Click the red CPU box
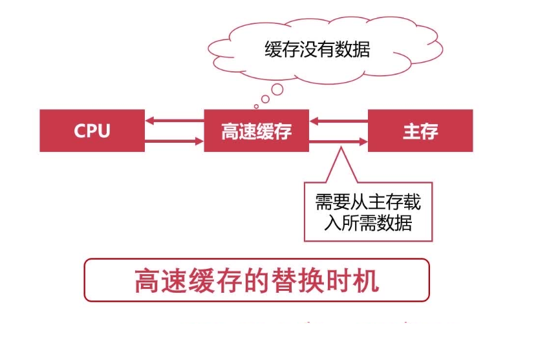(x=92, y=131)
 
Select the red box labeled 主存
(x=420, y=131)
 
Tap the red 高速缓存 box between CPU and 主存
(x=256, y=131)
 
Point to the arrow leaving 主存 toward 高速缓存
(x=339, y=120)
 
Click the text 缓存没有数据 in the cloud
(x=317, y=50)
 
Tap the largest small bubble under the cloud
(x=277, y=90)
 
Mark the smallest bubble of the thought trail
(x=257, y=106)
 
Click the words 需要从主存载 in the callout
(x=368, y=203)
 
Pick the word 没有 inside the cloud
(x=317, y=50)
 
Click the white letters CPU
(x=92, y=131)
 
